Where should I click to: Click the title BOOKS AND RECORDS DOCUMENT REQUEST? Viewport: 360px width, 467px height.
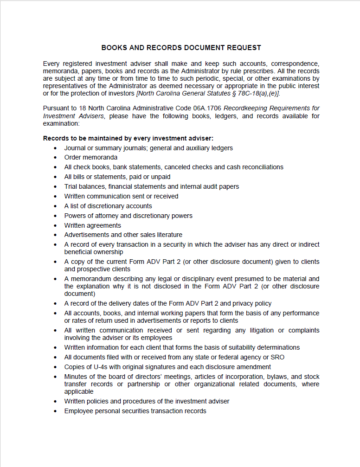point(181,48)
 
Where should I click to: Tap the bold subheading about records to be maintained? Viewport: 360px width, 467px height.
point(128,138)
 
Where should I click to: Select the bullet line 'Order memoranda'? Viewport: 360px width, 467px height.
point(91,158)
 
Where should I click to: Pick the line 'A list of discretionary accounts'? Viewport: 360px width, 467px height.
point(108,206)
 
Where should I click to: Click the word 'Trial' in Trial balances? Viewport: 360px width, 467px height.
point(71,186)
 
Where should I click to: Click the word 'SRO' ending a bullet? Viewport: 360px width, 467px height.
point(277,357)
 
